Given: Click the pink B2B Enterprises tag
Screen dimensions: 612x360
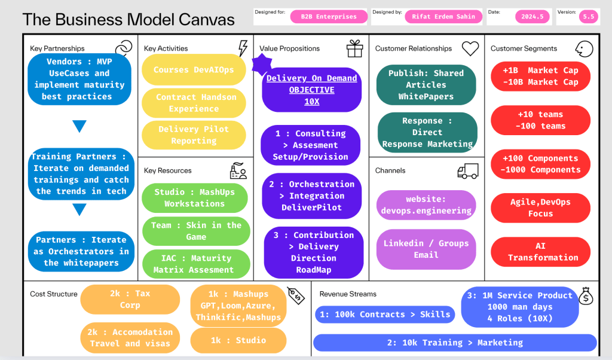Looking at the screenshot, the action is point(329,17).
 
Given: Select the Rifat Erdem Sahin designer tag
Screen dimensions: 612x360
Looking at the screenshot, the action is point(443,17).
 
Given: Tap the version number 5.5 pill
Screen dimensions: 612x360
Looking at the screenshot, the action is point(588,17).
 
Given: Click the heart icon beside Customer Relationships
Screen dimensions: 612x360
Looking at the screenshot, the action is point(470,49).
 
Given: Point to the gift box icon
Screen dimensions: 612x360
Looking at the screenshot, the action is point(355,49).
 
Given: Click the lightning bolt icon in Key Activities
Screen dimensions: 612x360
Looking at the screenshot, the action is point(243,48).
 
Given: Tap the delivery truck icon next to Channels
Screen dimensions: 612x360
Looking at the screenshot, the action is point(468,171).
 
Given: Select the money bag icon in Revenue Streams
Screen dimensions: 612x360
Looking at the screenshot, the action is point(586,296).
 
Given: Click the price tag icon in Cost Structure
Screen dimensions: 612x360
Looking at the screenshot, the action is point(296,295).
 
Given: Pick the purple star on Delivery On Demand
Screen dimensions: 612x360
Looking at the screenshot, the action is point(262,64).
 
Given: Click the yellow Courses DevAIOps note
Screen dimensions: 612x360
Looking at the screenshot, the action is point(194,70).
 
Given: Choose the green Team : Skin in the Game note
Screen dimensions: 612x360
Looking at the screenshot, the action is point(196,231).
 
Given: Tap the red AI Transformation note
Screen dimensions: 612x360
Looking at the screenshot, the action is point(540,252).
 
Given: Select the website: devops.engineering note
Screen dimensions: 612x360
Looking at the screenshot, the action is point(426,205).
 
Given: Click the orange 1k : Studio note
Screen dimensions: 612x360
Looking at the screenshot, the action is point(238,340).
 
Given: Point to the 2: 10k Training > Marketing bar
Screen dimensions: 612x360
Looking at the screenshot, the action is point(455,343).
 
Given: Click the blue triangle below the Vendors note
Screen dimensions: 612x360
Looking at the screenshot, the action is point(79,126).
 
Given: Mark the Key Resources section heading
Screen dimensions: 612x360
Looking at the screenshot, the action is point(168,170).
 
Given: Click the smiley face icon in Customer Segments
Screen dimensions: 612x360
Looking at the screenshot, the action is point(585,49).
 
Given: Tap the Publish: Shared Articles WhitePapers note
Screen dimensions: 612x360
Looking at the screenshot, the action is point(426,85).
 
